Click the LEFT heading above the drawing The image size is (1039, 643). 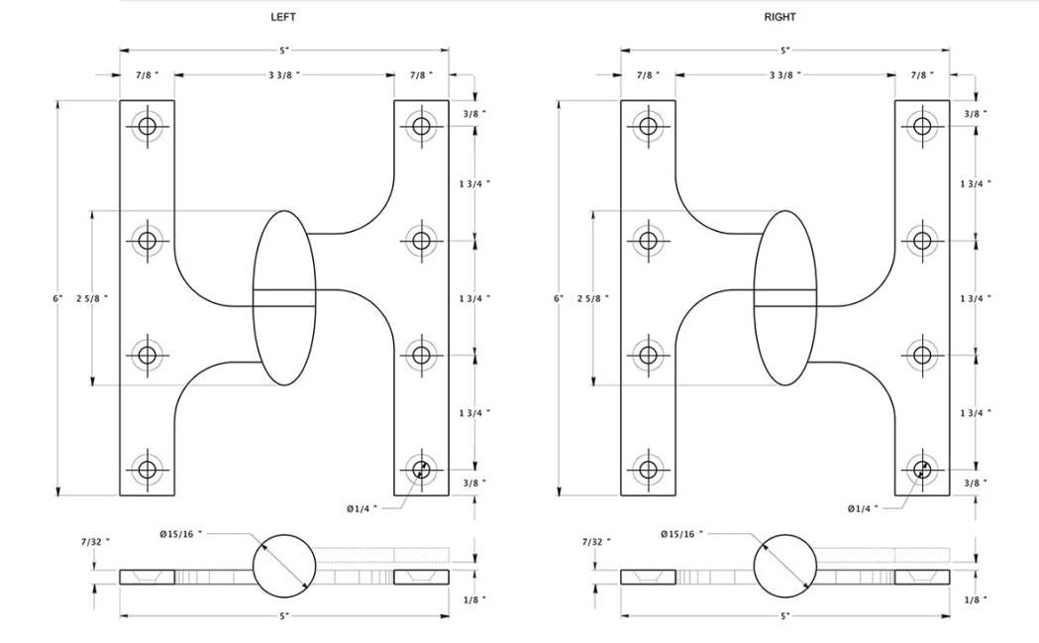(283, 17)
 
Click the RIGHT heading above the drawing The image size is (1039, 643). (779, 17)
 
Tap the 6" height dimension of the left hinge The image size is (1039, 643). (58, 297)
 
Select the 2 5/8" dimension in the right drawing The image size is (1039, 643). (592, 297)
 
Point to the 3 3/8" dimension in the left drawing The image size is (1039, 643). (283, 74)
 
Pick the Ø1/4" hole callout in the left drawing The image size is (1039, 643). (364, 508)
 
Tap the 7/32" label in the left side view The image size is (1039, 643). (94, 541)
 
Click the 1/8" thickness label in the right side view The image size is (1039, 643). (978, 599)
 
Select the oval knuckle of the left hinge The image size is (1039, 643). (284, 297)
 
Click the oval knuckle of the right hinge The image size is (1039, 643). (785, 297)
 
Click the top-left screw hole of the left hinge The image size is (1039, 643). (148, 126)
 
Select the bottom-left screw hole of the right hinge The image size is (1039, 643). (649, 469)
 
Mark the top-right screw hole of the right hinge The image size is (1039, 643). (922, 126)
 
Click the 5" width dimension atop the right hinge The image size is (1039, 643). (784, 50)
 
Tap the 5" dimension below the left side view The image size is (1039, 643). (283, 616)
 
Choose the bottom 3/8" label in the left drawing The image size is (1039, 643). (476, 482)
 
